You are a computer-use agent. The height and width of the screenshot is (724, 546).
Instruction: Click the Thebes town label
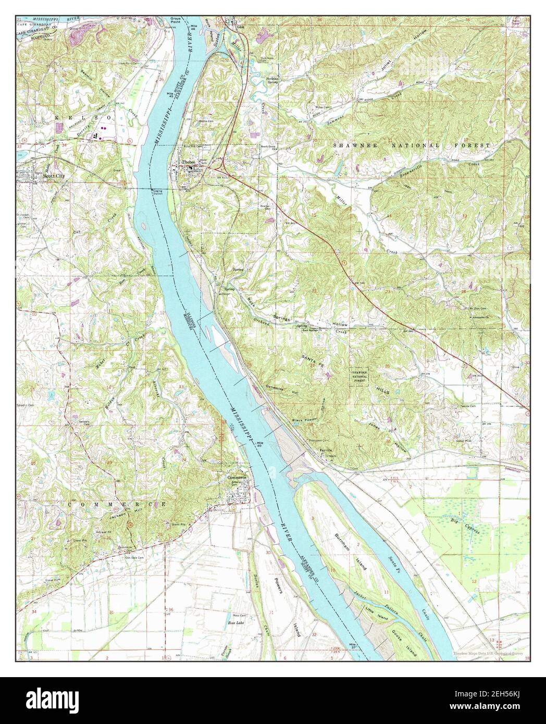(188, 163)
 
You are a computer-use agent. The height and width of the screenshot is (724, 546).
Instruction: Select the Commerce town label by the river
(236, 477)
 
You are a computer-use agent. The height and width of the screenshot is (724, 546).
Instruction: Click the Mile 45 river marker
(170, 94)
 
